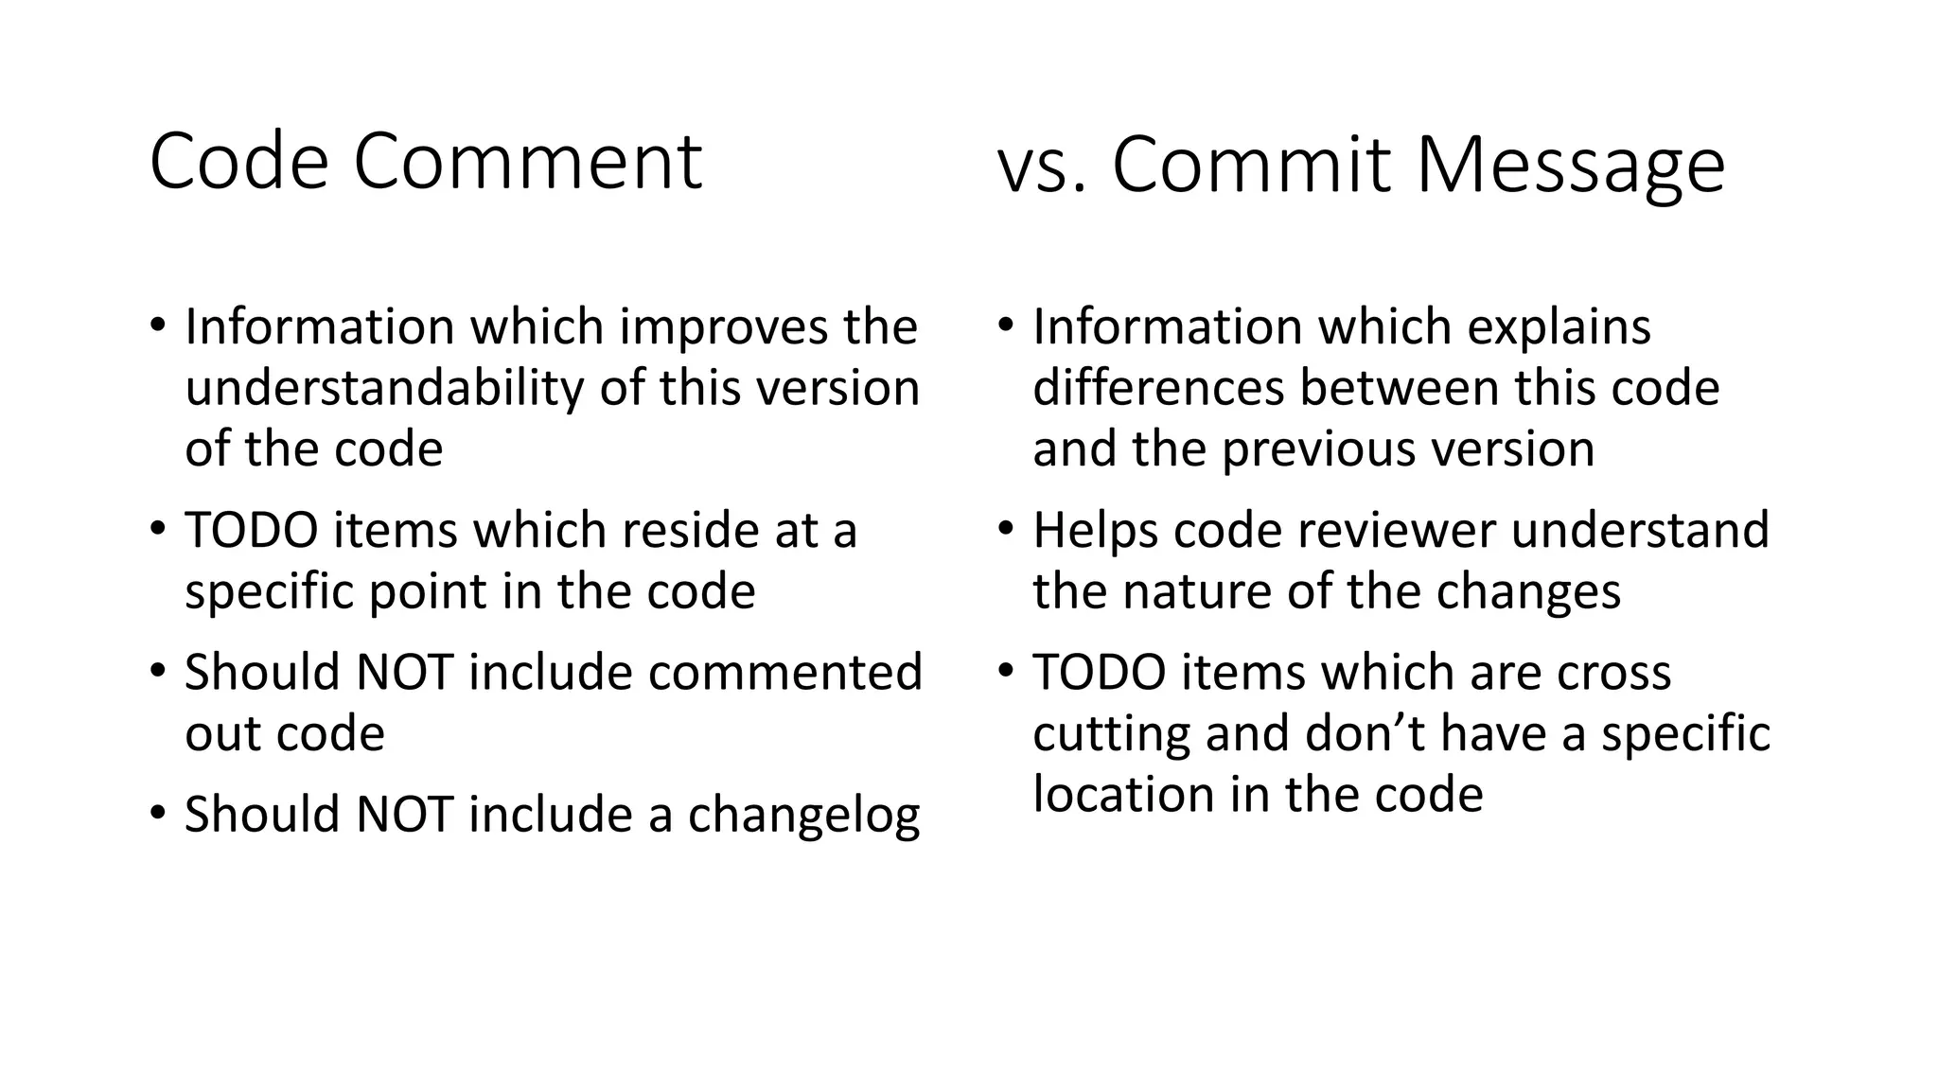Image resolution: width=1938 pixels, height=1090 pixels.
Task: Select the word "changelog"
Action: tap(803, 815)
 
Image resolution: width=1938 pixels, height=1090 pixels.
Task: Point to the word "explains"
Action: tap(1559, 327)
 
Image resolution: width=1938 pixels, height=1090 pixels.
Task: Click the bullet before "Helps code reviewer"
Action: tap(1006, 528)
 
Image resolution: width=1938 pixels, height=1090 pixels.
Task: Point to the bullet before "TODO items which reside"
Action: tap(157, 528)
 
